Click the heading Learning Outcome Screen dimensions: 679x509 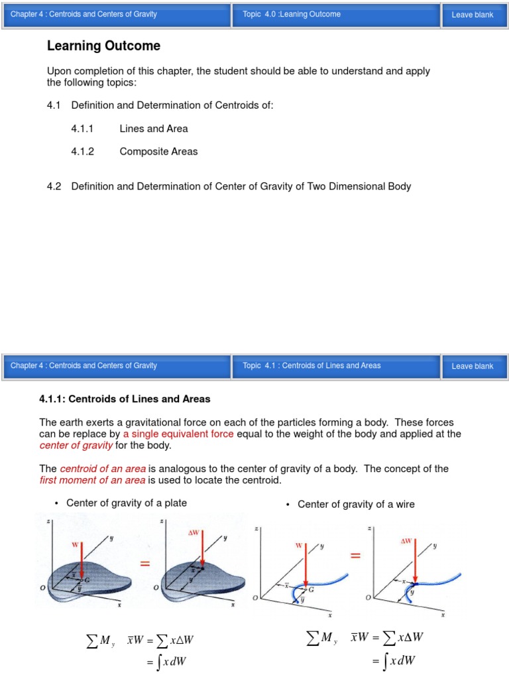coord(103,46)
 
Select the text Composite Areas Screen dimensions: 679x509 coord(158,151)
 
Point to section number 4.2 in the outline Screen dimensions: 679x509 coord(54,186)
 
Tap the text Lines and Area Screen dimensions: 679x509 coord(153,129)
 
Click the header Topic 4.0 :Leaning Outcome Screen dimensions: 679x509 coord(292,15)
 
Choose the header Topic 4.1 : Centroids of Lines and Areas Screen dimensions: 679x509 coord(311,365)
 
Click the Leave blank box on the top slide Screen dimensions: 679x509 coord(472,15)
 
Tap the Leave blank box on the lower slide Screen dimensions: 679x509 coord(472,366)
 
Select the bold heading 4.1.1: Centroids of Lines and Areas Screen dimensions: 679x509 coord(125,399)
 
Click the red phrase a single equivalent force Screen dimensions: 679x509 coord(178,434)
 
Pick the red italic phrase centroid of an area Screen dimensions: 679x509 coord(103,468)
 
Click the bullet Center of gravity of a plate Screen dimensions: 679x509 coord(127,503)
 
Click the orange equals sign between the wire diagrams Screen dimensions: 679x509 coord(355,556)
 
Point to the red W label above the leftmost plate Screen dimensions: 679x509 coord(74,544)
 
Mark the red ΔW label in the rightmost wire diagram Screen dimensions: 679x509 coord(406,541)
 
